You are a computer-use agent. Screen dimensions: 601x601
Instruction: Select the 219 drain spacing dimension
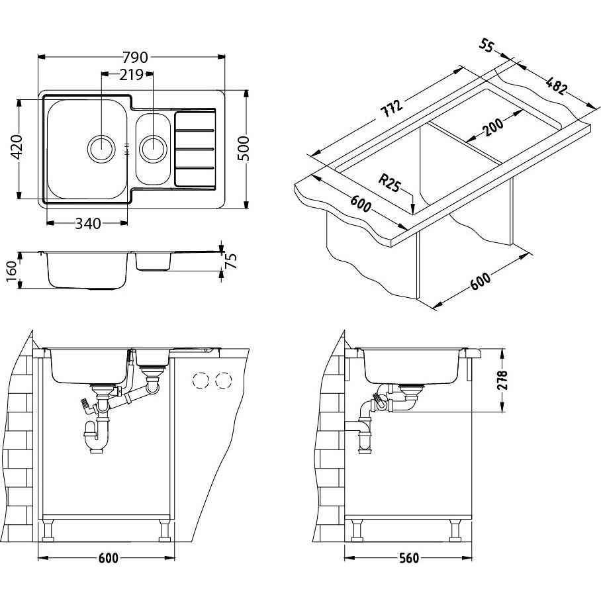(x=131, y=75)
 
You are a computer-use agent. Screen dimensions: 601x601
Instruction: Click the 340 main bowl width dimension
(x=88, y=224)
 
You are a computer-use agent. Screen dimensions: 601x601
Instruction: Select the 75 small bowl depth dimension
(x=231, y=261)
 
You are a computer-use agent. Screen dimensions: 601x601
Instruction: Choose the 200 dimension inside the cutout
(x=492, y=124)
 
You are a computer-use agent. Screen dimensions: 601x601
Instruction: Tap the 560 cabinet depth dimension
(x=409, y=558)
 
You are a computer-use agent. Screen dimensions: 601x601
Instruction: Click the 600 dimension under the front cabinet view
(x=107, y=558)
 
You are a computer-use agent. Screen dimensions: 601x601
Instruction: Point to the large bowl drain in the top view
(x=100, y=146)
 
